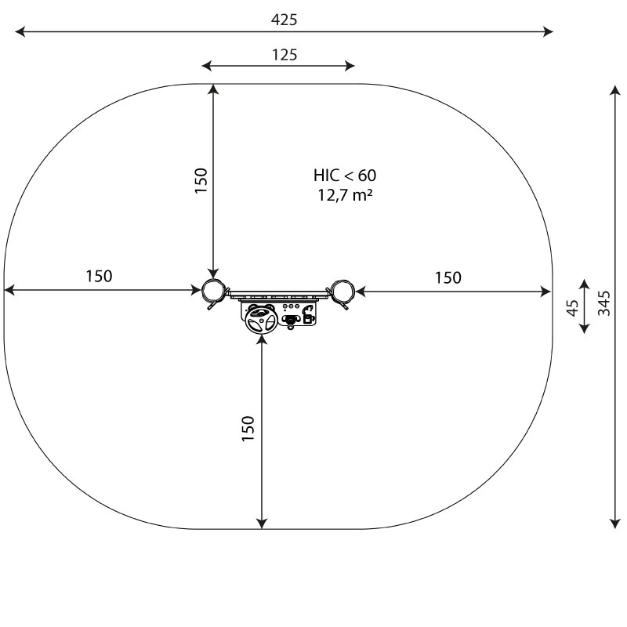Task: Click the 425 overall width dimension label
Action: (x=284, y=20)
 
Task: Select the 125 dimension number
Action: (x=285, y=55)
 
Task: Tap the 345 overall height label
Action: (x=604, y=303)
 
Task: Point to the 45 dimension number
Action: (x=573, y=307)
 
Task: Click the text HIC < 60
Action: (x=345, y=175)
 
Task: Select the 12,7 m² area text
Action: (x=345, y=195)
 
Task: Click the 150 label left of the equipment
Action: (x=100, y=276)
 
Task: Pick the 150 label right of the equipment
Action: (x=448, y=277)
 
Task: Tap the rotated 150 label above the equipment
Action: (x=201, y=181)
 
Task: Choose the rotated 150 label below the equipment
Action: (x=248, y=429)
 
